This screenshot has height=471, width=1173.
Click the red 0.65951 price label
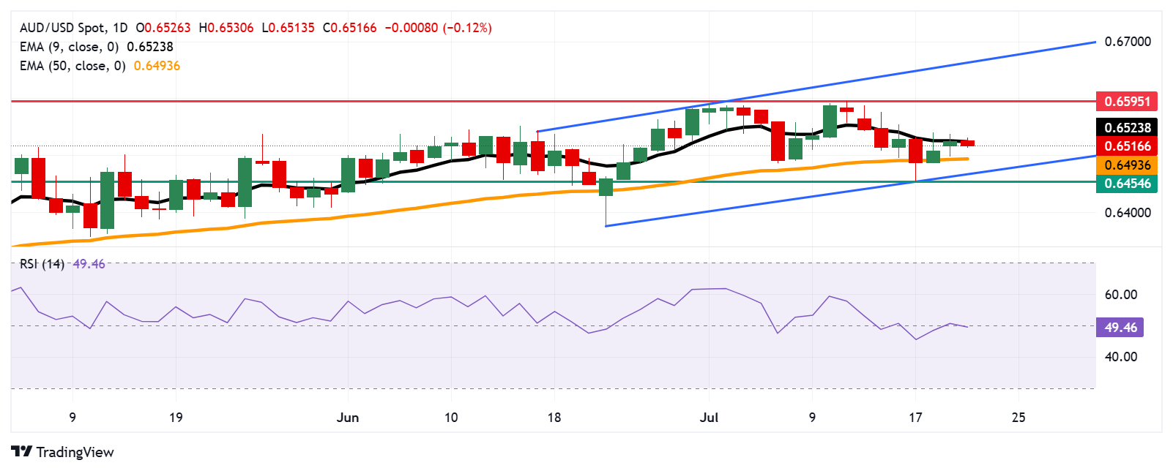1127,101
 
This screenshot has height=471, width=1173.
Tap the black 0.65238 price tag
1127,127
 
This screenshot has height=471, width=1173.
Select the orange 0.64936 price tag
1127,165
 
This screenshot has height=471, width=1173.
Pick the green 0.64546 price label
1127,184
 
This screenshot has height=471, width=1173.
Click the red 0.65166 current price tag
1127,146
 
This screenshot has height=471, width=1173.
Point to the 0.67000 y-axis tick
1127,42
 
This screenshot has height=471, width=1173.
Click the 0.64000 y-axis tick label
1127,213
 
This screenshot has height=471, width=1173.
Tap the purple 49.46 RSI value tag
1120,327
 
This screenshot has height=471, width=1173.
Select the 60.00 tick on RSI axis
1120,295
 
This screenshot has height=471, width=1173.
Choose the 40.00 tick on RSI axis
1120,357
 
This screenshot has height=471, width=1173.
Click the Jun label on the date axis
347,418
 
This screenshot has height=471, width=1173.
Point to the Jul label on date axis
709,418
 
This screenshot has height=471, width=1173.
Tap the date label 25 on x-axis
1018,418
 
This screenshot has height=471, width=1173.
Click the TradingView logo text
74,452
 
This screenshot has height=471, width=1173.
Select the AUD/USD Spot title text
62,28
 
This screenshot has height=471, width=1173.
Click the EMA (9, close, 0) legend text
69,47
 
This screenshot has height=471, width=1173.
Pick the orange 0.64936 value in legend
157,66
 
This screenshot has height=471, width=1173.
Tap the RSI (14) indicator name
42,264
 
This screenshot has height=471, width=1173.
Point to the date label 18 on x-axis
554,418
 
